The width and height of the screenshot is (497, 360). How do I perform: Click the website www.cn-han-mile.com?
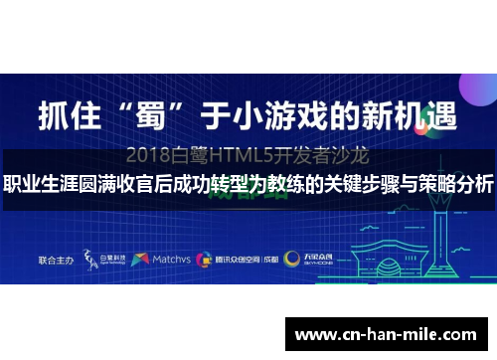(387, 335)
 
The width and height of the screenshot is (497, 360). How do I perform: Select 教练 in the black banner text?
(275, 184)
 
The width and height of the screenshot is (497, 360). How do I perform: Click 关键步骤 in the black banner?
(369, 184)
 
